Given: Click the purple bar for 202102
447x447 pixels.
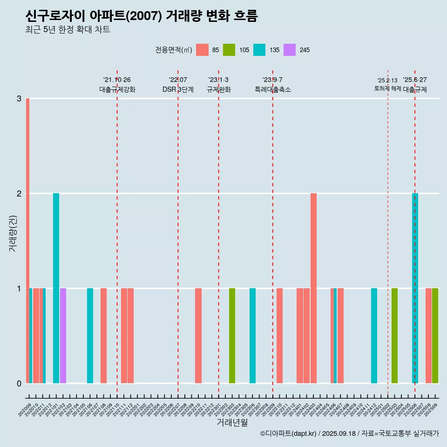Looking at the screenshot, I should pyautogui.click(x=63, y=335).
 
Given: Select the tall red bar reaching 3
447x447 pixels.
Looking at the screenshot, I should pyautogui.click(x=27, y=240).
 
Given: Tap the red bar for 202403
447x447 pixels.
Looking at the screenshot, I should pyautogui.click(x=313, y=288).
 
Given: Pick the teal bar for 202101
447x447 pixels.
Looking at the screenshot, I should pyautogui.click(x=56, y=288).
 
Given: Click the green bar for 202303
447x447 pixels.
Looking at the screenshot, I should pyautogui.click(x=232, y=335).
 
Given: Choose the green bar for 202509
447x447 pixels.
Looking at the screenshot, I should pyautogui.click(x=435, y=335).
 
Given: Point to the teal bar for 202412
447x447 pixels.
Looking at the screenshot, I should pyautogui.click(x=374, y=335).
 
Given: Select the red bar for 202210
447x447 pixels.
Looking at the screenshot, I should pyautogui.click(x=198, y=335).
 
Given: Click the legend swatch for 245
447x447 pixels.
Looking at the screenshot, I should pyautogui.click(x=290, y=50).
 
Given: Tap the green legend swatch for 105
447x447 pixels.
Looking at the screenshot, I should pyautogui.click(x=229, y=50).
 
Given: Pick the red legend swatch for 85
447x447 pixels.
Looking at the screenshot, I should pyautogui.click(x=202, y=50).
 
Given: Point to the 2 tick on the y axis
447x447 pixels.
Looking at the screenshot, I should pyautogui.click(x=19, y=193).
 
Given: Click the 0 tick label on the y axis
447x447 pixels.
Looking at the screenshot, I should pyautogui.click(x=19, y=383).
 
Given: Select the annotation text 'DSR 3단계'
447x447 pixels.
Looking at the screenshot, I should pyautogui.click(x=178, y=89).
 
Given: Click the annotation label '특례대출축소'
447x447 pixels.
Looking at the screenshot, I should pyautogui.click(x=273, y=89).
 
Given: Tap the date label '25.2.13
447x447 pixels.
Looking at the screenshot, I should pyautogui.click(x=387, y=80).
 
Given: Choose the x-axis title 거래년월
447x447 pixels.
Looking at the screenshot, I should pyautogui.click(x=232, y=422).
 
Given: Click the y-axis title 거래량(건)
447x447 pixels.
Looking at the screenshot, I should pyautogui.click(x=13, y=233).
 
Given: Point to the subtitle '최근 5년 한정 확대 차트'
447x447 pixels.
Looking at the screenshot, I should pyautogui.click(x=68, y=30).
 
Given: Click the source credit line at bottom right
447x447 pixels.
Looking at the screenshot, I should pyautogui.click(x=349, y=433).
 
